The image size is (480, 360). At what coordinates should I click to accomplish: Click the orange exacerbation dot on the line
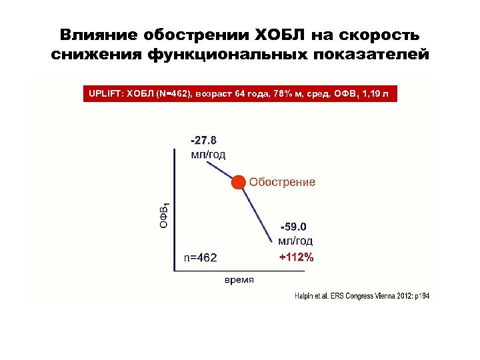click(x=237, y=182)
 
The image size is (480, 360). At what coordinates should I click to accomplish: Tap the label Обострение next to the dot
click(x=282, y=182)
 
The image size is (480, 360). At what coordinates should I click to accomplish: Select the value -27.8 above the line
click(x=203, y=141)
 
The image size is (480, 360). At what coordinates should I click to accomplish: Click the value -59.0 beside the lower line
click(x=294, y=227)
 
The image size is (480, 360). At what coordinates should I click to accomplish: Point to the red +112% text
click(x=296, y=257)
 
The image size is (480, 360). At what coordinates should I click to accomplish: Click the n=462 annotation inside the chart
click(x=200, y=257)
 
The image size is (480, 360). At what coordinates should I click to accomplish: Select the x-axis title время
click(x=238, y=280)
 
